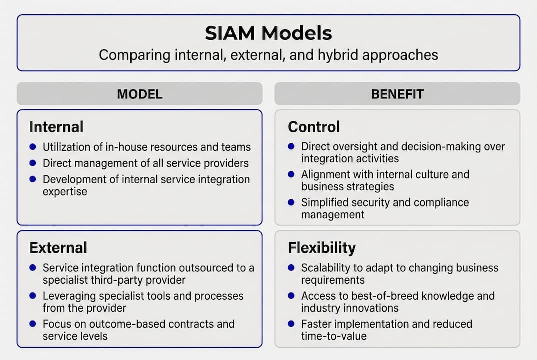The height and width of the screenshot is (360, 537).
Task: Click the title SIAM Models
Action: point(268,33)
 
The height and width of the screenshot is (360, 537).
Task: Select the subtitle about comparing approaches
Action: point(268,54)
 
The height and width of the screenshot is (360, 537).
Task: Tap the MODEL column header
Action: point(139,94)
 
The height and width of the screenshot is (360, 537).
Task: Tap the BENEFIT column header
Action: point(397,94)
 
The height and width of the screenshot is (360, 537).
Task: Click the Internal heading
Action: point(56,127)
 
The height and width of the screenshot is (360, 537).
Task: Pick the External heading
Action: point(58,248)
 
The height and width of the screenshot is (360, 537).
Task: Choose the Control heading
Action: point(314,127)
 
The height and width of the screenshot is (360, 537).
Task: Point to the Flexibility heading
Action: point(322,248)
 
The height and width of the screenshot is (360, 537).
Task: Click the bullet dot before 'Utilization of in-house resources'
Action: point(33,147)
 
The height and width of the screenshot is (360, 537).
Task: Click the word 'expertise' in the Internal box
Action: point(65,191)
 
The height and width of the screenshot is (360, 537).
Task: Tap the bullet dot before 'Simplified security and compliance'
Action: point(291,203)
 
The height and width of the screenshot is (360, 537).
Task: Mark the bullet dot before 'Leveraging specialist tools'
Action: point(33,296)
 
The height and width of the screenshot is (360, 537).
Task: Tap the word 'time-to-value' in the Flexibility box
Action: point(334,336)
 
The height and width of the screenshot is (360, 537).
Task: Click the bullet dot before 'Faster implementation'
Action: point(291,324)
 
